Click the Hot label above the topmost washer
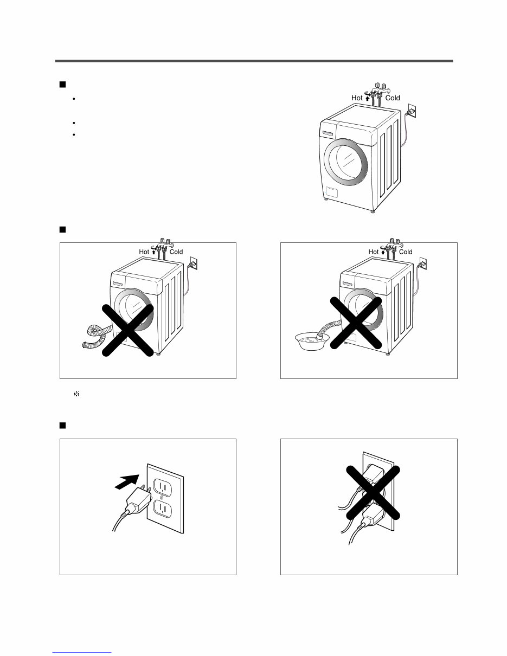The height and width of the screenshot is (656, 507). coord(357,98)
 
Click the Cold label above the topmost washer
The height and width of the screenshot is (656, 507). coord(393,98)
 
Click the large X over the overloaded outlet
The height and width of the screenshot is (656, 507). coord(374,492)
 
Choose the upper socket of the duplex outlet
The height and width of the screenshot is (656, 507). coord(162,483)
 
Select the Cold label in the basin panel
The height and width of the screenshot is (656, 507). coord(406,252)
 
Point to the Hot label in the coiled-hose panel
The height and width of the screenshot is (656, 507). coord(144,252)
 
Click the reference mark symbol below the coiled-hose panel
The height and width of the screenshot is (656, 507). coord(76,396)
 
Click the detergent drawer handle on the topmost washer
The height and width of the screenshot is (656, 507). coord(329,133)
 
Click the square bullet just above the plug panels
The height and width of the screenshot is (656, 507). coord(62,425)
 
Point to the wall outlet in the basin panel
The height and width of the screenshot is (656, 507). coord(425,264)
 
